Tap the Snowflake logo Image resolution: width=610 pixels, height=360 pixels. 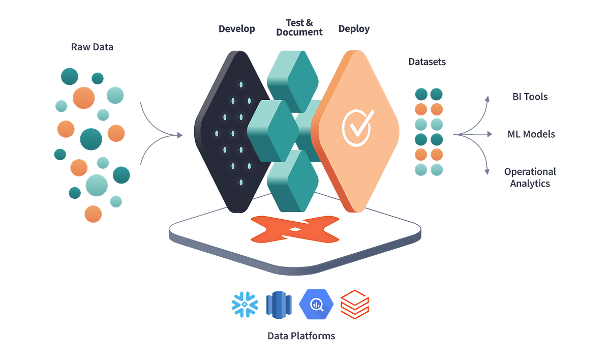(245, 304)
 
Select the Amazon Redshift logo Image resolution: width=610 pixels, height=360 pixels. (279, 304)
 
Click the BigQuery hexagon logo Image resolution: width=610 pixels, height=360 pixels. (316, 304)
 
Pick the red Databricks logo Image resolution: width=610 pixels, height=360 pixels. (354, 304)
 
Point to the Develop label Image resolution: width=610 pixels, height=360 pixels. (236, 28)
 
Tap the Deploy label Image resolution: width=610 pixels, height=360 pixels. (354, 28)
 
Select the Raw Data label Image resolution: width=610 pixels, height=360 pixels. (93, 48)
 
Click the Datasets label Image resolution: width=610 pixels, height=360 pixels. (428, 62)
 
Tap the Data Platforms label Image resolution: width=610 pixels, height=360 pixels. (301, 336)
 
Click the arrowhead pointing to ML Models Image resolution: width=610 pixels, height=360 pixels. (490, 134)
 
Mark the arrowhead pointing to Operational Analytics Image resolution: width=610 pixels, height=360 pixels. (489, 172)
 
